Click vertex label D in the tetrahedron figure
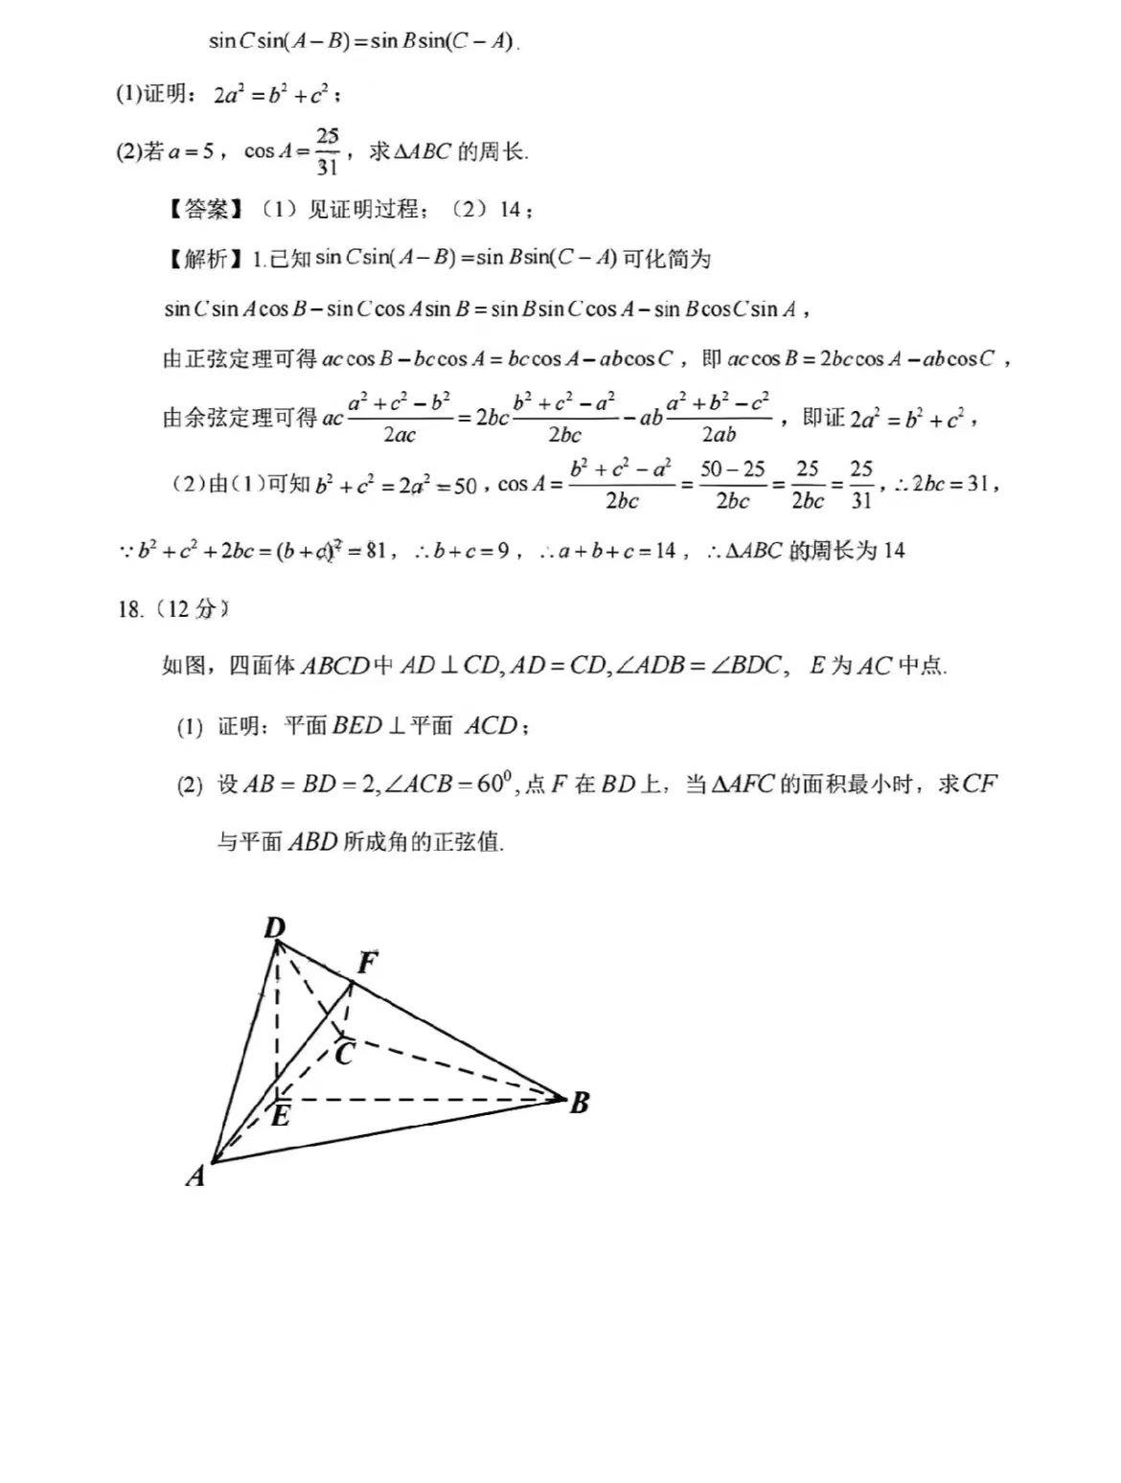point(275,927)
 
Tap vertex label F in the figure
point(367,962)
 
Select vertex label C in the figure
point(345,1054)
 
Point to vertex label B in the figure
point(579,1103)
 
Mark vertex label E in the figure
point(280,1116)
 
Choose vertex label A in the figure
point(195,1175)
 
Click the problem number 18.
point(130,609)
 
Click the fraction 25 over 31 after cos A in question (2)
point(327,151)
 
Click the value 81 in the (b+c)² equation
point(377,551)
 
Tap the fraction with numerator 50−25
point(732,484)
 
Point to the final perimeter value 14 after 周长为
point(894,551)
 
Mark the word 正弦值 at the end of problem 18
point(469,842)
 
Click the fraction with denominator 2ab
point(719,418)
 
